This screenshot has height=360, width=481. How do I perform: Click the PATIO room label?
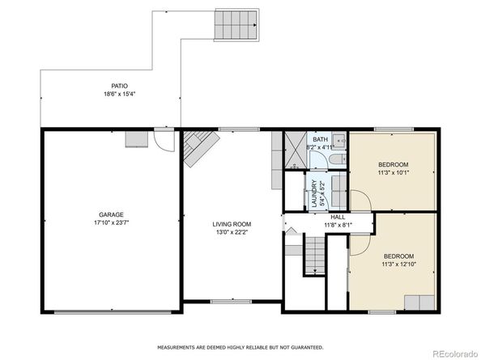(119, 86)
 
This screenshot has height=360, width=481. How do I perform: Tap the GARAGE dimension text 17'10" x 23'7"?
(112, 222)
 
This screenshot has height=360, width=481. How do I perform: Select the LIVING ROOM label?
(232, 224)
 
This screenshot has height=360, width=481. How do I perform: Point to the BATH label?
(320, 140)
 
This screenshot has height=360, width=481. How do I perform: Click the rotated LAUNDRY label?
(314, 193)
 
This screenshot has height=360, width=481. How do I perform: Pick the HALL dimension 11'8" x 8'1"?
(338, 225)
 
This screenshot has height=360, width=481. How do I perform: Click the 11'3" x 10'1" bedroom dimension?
(394, 172)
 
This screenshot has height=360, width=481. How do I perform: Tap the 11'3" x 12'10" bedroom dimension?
(398, 264)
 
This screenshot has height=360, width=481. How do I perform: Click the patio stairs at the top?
(236, 25)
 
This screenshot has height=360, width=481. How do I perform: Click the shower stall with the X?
(296, 150)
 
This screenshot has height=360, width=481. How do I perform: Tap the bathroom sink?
(339, 140)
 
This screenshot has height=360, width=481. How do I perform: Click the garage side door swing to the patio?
(164, 142)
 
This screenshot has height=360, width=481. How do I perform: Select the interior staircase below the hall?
(315, 254)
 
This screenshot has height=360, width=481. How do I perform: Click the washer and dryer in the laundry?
(339, 190)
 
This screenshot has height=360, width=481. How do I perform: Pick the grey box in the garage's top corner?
(137, 139)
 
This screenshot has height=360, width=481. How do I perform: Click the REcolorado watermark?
(454, 354)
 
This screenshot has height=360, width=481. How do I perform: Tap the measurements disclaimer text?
(240, 347)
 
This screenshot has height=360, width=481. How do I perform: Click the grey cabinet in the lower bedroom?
(419, 303)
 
